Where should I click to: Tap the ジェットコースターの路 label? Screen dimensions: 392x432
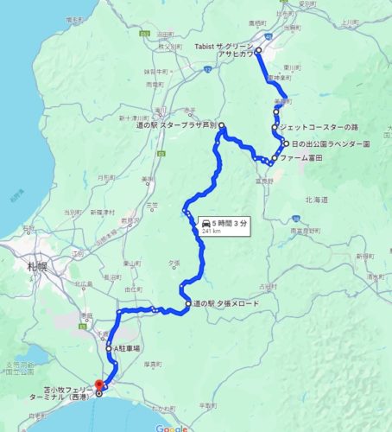317,126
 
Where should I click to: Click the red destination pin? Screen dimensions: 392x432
98,383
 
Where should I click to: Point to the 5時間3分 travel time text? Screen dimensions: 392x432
232,222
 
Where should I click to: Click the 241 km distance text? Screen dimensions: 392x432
212,232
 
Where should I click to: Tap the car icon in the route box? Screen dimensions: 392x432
206,222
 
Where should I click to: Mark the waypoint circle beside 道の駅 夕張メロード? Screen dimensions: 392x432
187,304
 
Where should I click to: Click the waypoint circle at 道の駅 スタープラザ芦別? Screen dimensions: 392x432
222,127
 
